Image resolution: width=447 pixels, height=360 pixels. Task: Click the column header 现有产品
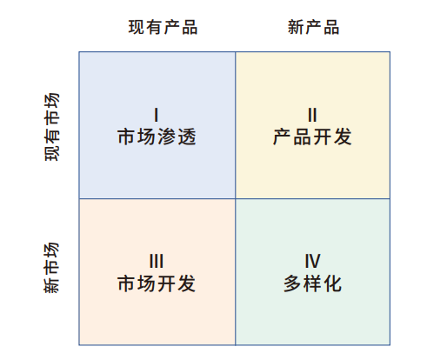click(x=163, y=27)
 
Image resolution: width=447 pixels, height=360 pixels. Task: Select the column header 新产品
click(x=313, y=27)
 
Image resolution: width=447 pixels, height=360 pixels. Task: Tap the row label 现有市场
click(x=52, y=127)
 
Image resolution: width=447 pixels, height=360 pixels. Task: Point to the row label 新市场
click(x=52, y=268)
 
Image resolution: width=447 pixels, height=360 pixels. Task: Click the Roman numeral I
click(x=157, y=115)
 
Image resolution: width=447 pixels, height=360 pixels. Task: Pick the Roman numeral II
click(x=312, y=115)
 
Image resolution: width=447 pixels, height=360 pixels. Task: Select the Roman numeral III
click(x=157, y=261)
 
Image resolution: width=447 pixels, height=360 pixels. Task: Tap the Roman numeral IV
click(x=312, y=261)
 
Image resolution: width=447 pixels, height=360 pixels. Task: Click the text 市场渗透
click(x=157, y=137)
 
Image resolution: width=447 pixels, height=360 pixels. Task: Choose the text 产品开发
click(x=312, y=137)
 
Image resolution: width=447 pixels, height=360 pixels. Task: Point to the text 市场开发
click(x=157, y=283)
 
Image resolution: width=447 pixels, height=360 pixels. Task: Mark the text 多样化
click(x=312, y=283)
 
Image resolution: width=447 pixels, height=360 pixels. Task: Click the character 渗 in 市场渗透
click(x=167, y=137)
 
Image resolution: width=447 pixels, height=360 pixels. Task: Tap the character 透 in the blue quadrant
click(x=187, y=137)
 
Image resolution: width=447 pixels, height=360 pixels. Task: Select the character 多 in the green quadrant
click(x=292, y=283)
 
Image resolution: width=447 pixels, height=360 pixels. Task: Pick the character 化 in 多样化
click(x=333, y=283)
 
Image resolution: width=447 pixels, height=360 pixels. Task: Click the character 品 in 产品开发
click(x=303, y=137)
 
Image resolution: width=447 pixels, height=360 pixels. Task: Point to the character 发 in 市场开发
click(x=187, y=283)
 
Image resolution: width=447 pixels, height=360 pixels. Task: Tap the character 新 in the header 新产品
click(x=296, y=27)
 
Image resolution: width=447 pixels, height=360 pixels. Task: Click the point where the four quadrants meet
click(x=236, y=199)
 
